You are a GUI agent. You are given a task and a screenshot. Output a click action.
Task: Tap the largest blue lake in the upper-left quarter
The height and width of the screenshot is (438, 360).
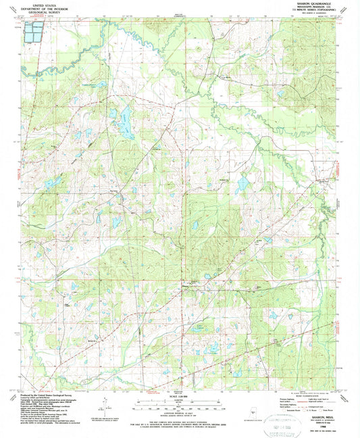(125, 119)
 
